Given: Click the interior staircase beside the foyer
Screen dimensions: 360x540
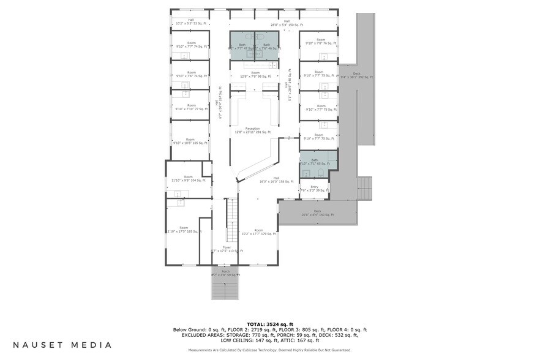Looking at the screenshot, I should pos(231,220).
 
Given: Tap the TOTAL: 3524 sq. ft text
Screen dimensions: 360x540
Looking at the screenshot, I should pos(270,324).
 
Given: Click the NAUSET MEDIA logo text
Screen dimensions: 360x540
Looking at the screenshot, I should pos(62,345).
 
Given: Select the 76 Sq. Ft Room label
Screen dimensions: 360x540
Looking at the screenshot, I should pos(318,42).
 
